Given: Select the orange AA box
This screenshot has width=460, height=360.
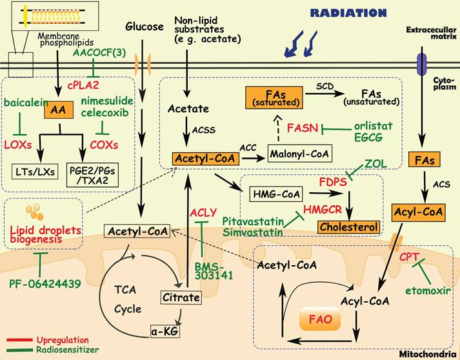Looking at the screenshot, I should [x=56, y=111].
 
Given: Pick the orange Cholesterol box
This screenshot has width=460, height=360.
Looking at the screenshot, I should [x=348, y=226].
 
